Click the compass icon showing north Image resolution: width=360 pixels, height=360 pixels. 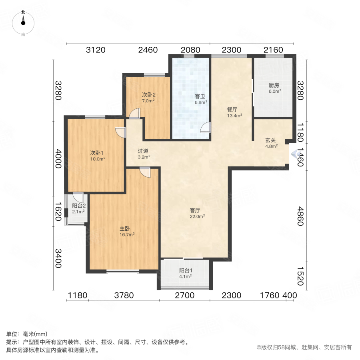(23, 24)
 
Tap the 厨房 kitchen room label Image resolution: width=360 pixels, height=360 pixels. (274, 85)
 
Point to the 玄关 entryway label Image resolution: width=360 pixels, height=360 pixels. (271, 140)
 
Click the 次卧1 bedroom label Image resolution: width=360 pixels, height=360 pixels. (97, 152)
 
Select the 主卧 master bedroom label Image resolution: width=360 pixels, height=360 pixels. (125, 229)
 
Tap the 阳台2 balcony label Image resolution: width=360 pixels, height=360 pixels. (79, 206)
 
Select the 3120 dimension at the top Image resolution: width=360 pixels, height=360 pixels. (96, 50)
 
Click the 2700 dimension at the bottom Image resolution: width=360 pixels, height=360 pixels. (184, 296)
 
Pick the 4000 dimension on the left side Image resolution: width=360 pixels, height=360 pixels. (59, 159)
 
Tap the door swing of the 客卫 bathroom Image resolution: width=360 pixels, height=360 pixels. (205, 128)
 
